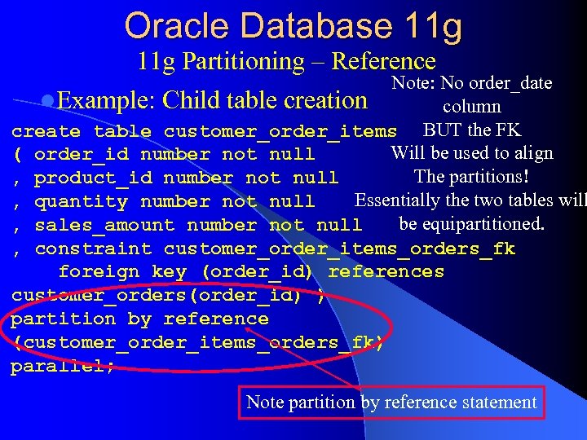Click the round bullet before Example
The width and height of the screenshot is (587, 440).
tap(47, 101)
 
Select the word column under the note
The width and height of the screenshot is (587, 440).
tap(471, 107)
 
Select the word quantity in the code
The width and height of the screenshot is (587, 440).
tap(82, 201)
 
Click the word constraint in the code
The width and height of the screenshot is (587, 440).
tap(93, 249)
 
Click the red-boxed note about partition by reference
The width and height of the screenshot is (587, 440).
tap(391, 402)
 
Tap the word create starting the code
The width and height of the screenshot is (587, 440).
tap(46, 131)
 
